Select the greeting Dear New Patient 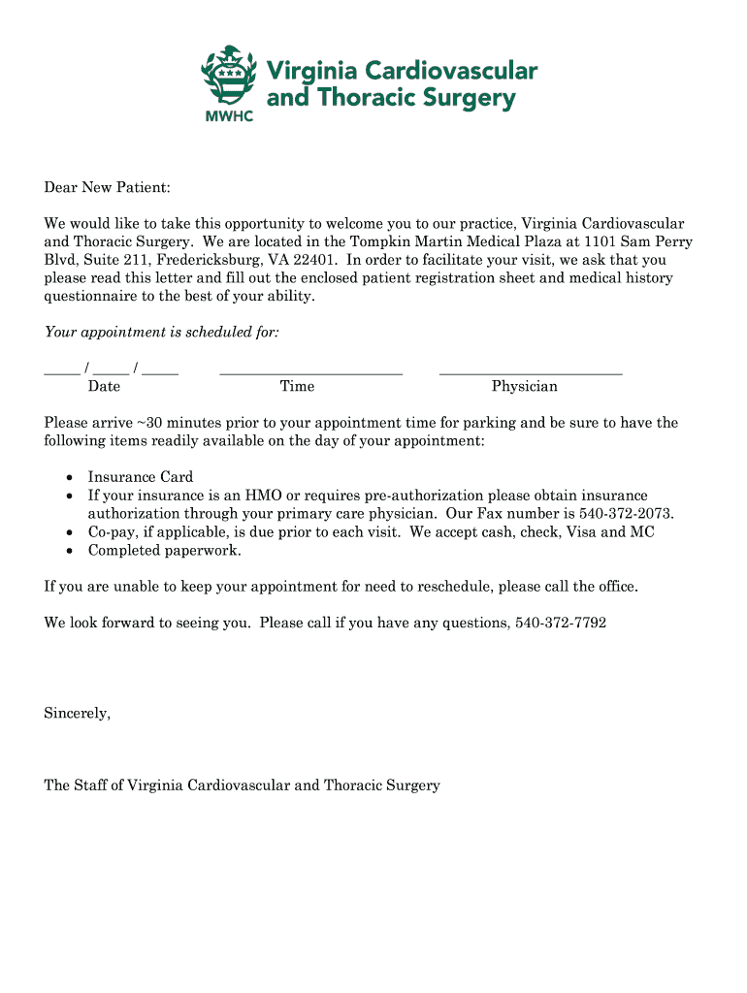tap(107, 187)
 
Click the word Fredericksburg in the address tap(193, 260)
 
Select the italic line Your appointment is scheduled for tap(162, 333)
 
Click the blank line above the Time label tap(310, 370)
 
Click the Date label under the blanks tap(104, 387)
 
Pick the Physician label tap(524, 387)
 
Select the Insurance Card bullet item tap(141, 477)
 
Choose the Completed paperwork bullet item tap(164, 551)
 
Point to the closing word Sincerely tap(77, 714)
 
